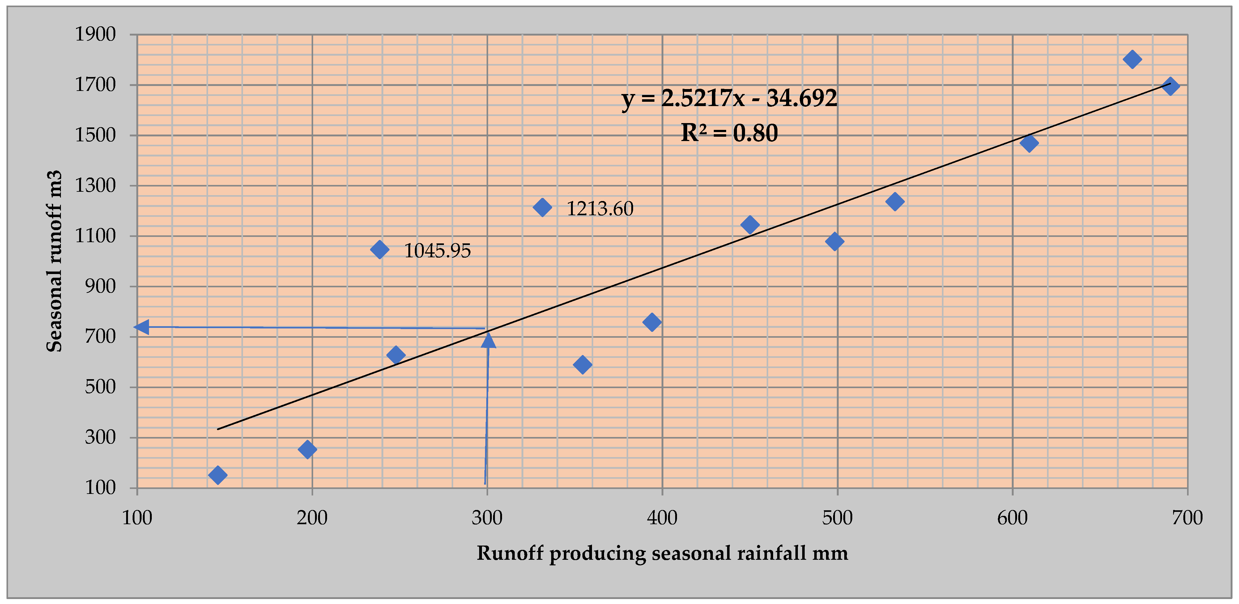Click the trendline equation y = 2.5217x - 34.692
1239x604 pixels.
[x=729, y=99]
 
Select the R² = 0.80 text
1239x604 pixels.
[x=729, y=133]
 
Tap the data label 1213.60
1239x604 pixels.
[x=599, y=209]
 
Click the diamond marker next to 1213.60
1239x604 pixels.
[x=542, y=208]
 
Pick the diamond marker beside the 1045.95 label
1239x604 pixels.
[x=380, y=249]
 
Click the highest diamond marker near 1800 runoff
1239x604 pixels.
[x=1132, y=59]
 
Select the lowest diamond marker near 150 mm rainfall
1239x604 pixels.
[x=217, y=475]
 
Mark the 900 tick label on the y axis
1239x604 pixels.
[x=100, y=286]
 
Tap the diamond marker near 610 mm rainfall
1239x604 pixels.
[x=1029, y=143]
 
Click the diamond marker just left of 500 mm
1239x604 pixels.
[x=834, y=241]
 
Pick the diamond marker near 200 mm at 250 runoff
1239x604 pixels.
[x=307, y=449]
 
